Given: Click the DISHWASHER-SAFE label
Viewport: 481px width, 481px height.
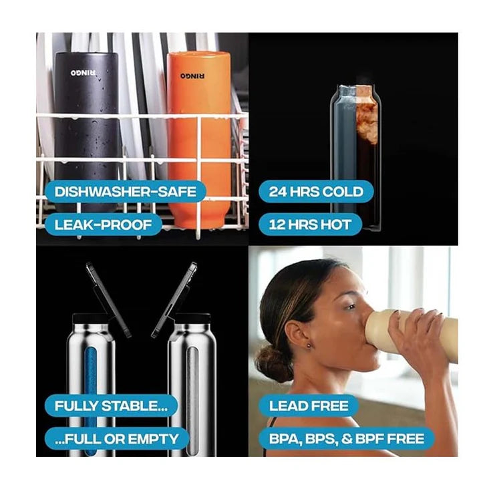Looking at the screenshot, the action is (125, 192).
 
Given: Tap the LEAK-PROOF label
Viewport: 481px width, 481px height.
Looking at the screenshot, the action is (103, 224).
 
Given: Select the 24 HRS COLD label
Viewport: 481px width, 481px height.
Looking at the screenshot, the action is (316, 192).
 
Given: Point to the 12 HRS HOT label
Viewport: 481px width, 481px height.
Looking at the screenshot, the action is (310, 224).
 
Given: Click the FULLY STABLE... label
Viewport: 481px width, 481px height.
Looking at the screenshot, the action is (111, 406).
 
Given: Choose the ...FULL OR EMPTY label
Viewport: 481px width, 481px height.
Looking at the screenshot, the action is (116, 439).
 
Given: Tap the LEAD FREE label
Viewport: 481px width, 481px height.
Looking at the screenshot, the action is (309, 406).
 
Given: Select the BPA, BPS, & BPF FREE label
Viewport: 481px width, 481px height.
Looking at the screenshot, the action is (347, 439).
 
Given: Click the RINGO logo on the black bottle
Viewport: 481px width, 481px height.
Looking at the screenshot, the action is (83, 73).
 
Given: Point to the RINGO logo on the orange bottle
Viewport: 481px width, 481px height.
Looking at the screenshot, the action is (192, 75).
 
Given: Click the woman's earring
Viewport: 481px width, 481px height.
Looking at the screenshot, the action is (308, 346).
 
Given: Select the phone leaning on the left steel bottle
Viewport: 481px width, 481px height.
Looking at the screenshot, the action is (108, 300).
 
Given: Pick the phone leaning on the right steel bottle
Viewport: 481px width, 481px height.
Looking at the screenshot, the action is (174, 300).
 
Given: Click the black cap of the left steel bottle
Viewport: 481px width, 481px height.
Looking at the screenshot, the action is (90, 318).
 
